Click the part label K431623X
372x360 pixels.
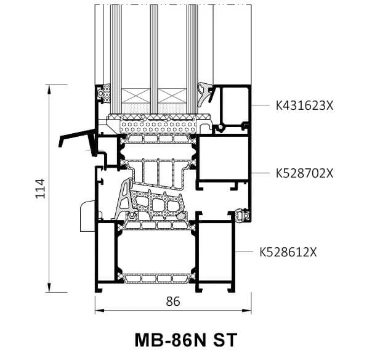point(304,105)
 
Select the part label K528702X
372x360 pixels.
point(304,173)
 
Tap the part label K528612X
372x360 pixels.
point(288,252)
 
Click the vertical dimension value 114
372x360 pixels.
point(40,188)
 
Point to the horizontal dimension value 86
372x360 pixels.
point(173,301)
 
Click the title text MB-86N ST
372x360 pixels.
point(186,340)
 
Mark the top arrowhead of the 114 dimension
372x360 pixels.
point(49,89)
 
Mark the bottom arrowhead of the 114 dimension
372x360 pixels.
point(49,287)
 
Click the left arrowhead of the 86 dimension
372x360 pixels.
point(100,310)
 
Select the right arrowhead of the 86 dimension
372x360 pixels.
point(246,310)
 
